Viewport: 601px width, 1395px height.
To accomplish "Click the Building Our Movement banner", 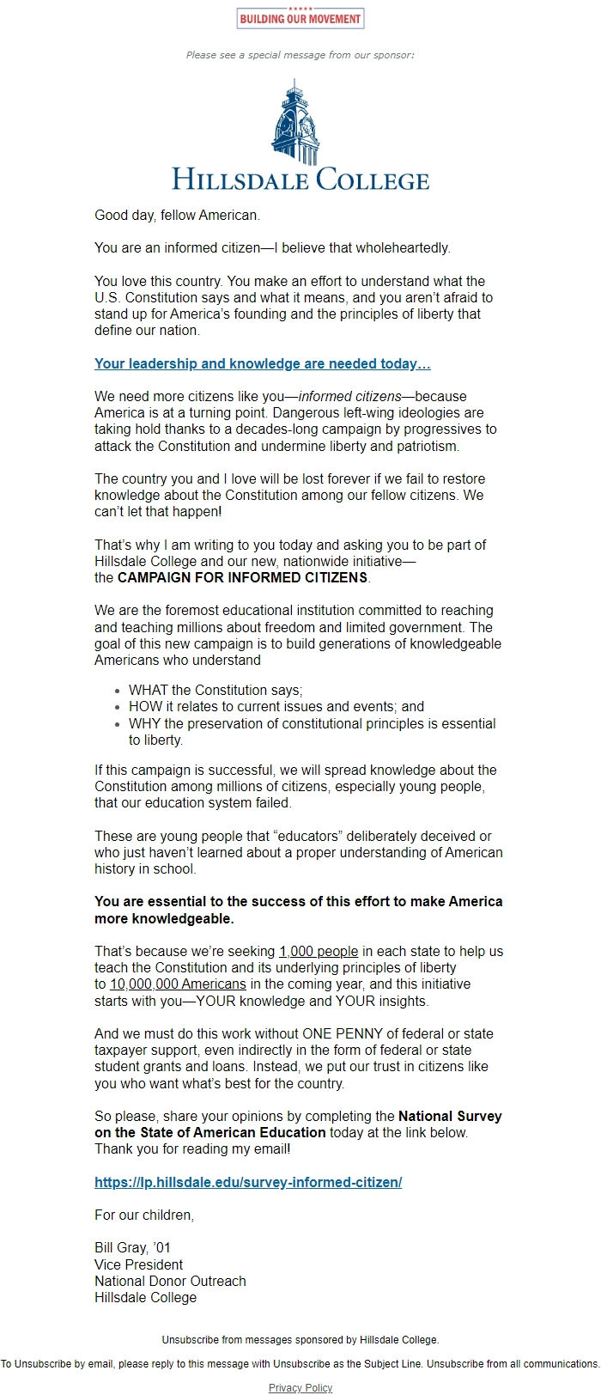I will [x=300, y=18].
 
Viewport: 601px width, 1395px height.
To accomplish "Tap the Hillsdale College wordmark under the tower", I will [x=300, y=179].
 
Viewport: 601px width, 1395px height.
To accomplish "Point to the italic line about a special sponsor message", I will [x=300, y=55].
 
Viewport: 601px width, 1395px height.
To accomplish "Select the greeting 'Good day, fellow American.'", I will [x=177, y=215].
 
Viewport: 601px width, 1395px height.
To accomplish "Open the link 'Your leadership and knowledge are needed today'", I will [x=262, y=363].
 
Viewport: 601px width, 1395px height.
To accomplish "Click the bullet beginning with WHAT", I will [x=216, y=690].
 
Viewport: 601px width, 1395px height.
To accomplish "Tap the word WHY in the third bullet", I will [x=144, y=723].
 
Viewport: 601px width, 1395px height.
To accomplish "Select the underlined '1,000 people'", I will [x=319, y=952].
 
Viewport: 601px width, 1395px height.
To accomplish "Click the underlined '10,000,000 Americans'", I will [x=178, y=984].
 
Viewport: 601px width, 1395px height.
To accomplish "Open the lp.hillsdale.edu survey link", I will [x=248, y=1182].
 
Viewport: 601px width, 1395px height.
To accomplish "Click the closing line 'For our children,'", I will [x=144, y=1215].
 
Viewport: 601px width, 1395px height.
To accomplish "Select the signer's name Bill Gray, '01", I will [x=132, y=1248].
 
